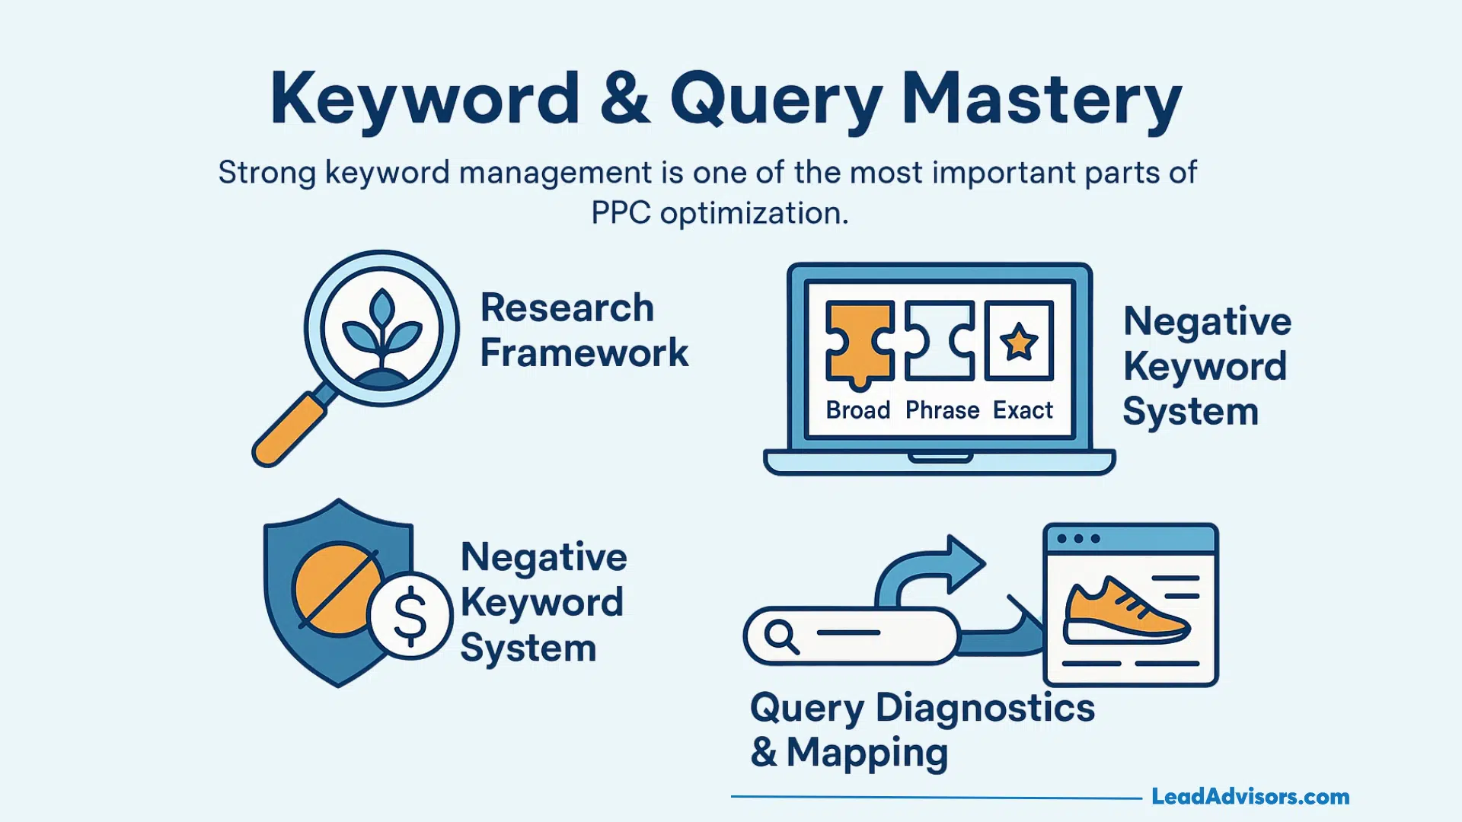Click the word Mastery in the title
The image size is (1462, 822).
click(x=1041, y=99)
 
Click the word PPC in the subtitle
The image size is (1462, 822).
click(x=621, y=213)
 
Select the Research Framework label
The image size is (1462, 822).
click(x=583, y=330)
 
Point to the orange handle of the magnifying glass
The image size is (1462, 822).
click(x=288, y=429)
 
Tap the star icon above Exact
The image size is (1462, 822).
click(x=1019, y=341)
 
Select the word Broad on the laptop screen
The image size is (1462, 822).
click(x=858, y=410)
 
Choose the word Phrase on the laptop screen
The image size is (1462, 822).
click(x=942, y=410)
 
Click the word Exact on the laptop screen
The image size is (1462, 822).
click(x=1023, y=410)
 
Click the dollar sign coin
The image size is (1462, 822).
click(x=410, y=615)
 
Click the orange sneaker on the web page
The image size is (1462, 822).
click(x=1125, y=610)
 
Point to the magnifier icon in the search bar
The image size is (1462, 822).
click(x=781, y=636)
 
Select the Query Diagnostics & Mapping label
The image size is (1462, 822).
click(x=922, y=730)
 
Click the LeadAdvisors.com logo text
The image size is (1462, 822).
click(x=1250, y=797)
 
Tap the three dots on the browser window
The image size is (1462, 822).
click(x=1078, y=539)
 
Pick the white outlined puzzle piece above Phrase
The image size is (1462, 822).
click(x=939, y=341)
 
